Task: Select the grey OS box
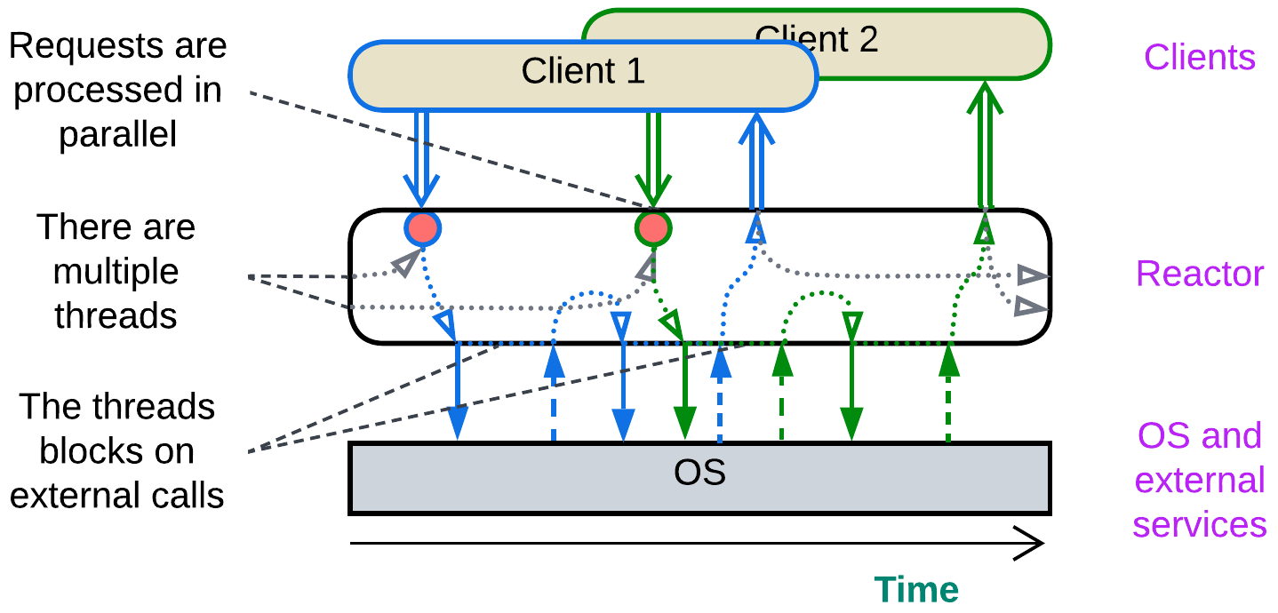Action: pos(699,478)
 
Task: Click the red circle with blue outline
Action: pos(423,229)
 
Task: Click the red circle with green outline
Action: pos(653,229)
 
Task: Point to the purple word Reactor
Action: pos(1199,274)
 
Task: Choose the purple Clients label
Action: pos(1199,57)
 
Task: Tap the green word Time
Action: pos(916,590)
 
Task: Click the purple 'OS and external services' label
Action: pos(1199,480)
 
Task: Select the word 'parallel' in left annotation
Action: pos(118,134)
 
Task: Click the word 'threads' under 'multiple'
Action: pos(116,315)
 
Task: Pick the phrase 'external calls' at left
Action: pos(116,495)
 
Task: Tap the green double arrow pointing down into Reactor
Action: pos(653,160)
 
